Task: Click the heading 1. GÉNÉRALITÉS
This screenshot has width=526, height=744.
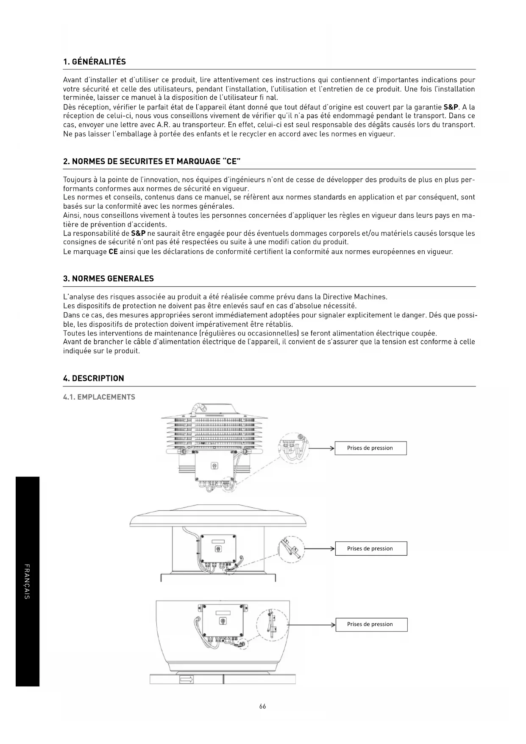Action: (x=94, y=62)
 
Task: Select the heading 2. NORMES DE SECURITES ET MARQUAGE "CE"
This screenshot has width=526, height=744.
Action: (x=152, y=162)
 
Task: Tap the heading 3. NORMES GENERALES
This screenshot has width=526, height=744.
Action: (x=108, y=279)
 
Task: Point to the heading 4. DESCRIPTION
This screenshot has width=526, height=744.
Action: (x=93, y=378)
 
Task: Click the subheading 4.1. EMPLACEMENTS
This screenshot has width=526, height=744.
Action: (x=99, y=397)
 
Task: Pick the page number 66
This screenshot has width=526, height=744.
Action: (x=263, y=706)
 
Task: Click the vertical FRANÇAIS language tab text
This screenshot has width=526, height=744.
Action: (x=27, y=581)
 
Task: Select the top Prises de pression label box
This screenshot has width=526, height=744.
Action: (x=370, y=448)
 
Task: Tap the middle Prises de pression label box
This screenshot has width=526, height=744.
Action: (x=370, y=548)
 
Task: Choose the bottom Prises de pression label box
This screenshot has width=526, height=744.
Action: (x=371, y=624)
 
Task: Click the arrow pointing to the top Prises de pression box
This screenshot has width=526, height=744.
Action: (x=321, y=448)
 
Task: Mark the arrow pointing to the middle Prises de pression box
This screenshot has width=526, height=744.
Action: (x=319, y=548)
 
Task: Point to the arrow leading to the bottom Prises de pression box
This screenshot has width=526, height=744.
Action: (x=312, y=625)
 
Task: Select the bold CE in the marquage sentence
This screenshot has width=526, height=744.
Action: (x=113, y=252)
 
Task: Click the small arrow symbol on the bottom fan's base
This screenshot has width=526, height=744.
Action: (x=186, y=680)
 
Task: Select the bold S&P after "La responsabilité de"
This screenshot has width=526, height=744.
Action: (x=138, y=234)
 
